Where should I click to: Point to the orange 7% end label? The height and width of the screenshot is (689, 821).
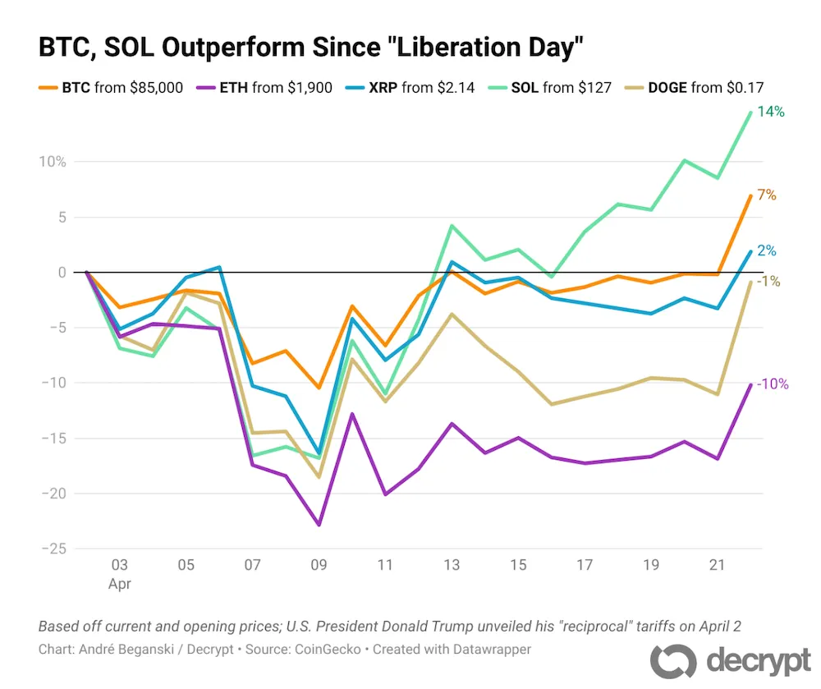(767, 195)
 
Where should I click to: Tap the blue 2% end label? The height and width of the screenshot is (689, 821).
(767, 251)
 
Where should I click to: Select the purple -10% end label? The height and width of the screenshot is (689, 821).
(773, 384)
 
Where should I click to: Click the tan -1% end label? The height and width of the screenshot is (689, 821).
(768, 282)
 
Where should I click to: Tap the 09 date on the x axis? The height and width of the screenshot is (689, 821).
(319, 567)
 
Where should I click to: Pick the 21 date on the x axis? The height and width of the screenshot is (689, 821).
(718, 567)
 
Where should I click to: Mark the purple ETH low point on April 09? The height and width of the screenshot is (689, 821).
(319, 525)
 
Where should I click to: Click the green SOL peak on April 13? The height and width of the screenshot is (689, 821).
(452, 226)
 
